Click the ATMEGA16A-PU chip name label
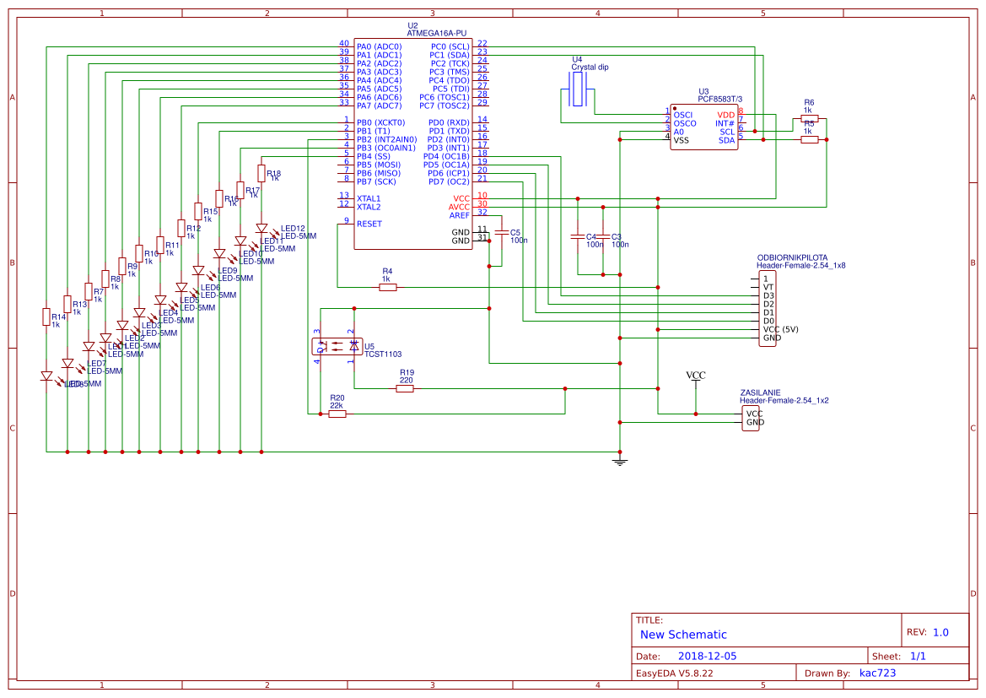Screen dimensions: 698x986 click(x=436, y=33)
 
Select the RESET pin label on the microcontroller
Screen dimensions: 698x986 click(x=369, y=224)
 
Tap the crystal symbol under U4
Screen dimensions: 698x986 click(x=578, y=89)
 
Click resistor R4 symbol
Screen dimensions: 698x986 click(x=387, y=287)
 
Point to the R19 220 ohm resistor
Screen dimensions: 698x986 click(x=406, y=388)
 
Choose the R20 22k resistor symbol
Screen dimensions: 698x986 click(x=337, y=414)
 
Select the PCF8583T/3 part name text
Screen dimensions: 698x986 click(x=719, y=100)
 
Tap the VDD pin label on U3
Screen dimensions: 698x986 click(x=725, y=115)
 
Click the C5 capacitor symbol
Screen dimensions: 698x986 click(x=501, y=232)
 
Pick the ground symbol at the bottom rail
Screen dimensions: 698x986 click(x=620, y=461)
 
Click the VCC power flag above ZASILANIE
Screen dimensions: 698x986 click(x=696, y=376)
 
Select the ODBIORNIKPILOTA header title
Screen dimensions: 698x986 click(x=792, y=257)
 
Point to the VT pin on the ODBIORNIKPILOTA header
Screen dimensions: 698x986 click(x=768, y=287)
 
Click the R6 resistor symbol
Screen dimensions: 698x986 click(x=809, y=119)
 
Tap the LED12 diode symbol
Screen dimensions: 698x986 click(x=261, y=228)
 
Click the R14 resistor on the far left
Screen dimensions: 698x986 click(x=46, y=317)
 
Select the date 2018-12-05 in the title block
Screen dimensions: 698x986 click(x=707, y=656)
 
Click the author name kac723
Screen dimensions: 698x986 click(x=877, y=673)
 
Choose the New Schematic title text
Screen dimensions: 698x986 click(x=683, y=635)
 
